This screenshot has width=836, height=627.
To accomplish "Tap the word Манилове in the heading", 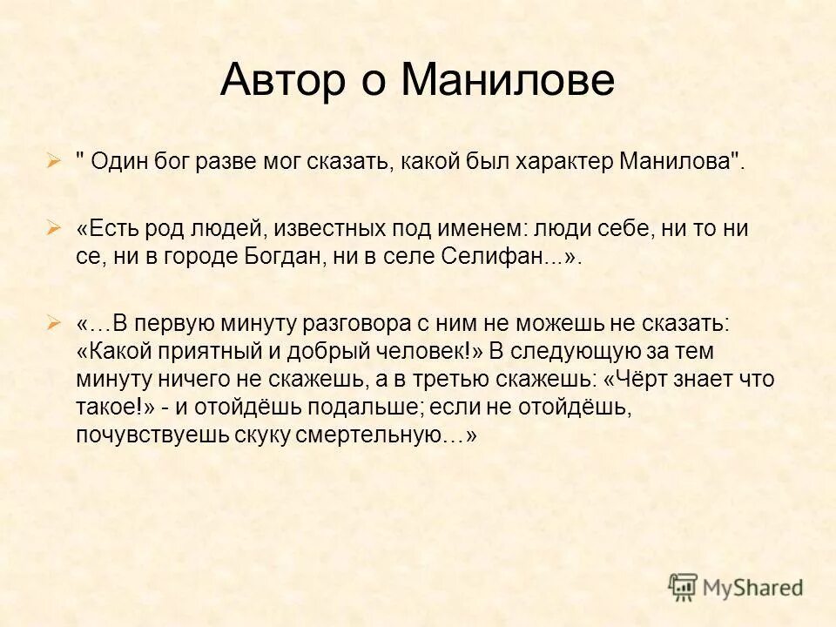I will [509, 81].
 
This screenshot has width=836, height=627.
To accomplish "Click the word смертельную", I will [384, 435].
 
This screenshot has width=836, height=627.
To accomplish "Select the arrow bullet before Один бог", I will [54, 162].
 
